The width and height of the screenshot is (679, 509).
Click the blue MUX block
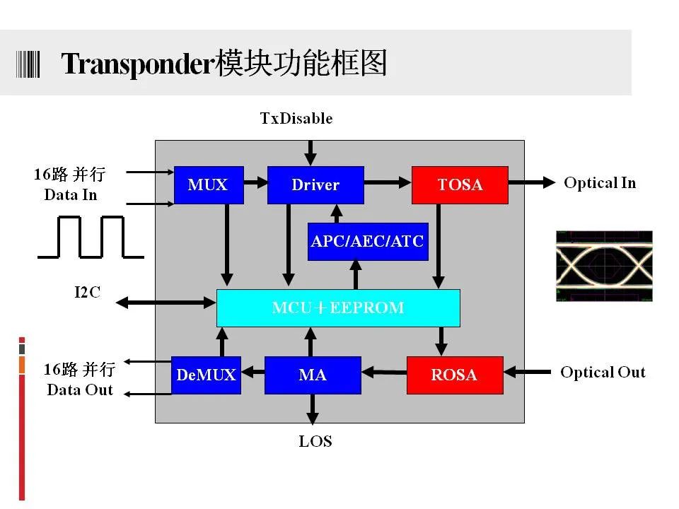209,185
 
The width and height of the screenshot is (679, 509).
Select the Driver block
315,185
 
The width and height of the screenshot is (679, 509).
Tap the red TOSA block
460,185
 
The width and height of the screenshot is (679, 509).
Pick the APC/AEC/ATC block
368,242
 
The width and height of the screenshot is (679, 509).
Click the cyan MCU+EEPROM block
338,308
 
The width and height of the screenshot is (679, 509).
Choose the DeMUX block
206,375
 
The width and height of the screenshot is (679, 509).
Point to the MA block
313,375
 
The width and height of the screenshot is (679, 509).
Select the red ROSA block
455,375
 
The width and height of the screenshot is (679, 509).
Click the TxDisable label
296,118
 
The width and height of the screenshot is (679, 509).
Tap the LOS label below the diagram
315,441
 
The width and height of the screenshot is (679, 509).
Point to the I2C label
88,292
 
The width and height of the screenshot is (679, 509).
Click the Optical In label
600,182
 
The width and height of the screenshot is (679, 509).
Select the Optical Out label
603,373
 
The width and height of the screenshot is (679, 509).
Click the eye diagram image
604,266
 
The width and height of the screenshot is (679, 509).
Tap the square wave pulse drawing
91,238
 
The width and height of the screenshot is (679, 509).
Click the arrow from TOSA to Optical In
532,182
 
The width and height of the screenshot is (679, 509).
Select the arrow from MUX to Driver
255,182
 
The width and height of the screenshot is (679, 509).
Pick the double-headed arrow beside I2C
166,303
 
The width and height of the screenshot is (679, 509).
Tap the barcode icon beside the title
28,64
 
